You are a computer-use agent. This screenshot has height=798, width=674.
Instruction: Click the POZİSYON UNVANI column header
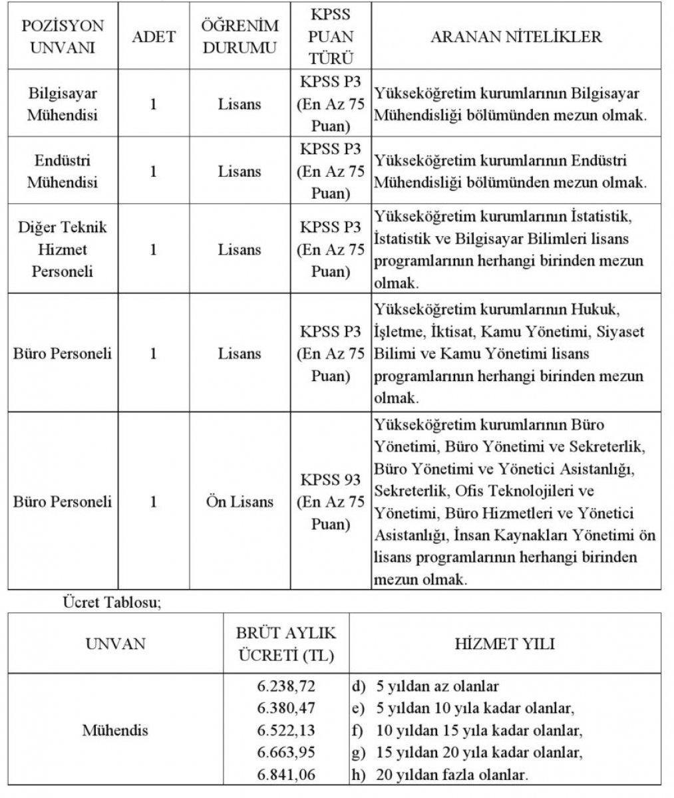tap(63, 37)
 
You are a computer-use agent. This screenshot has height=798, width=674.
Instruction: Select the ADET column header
tap(154, 37)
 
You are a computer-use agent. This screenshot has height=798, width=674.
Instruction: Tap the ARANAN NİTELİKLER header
tap(516, 37)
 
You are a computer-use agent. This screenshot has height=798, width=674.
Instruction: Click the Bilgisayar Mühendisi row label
tap(63, 104)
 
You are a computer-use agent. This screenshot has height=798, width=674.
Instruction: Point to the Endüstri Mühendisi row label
tap(63, 171)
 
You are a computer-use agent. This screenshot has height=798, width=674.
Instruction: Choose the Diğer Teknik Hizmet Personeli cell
tap(63, 249)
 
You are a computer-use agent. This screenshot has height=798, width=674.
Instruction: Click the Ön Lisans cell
tap(240, 501)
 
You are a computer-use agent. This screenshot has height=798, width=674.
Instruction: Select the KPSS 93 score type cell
tap(331, 501)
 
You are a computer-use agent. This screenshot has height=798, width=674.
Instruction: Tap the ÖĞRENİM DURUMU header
tap(240, 37)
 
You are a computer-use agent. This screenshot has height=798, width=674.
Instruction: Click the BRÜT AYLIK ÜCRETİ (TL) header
tap(286, 644)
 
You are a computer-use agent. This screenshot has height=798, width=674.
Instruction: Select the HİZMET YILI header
tap(505, 644)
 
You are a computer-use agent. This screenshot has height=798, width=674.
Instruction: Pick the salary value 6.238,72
tap(286, 686)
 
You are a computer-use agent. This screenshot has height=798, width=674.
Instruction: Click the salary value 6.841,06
tap(286, 775)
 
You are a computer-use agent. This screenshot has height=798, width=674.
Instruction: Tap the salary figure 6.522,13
tap(286, 730)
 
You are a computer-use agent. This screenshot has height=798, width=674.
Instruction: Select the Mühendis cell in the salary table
tap(115, 730)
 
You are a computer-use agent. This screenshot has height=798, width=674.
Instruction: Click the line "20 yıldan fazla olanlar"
tap(452, 775)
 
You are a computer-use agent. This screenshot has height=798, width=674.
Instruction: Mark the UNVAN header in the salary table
tap(115, 644)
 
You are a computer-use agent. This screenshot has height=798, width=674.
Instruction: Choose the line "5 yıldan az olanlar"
tap(436, 686)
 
